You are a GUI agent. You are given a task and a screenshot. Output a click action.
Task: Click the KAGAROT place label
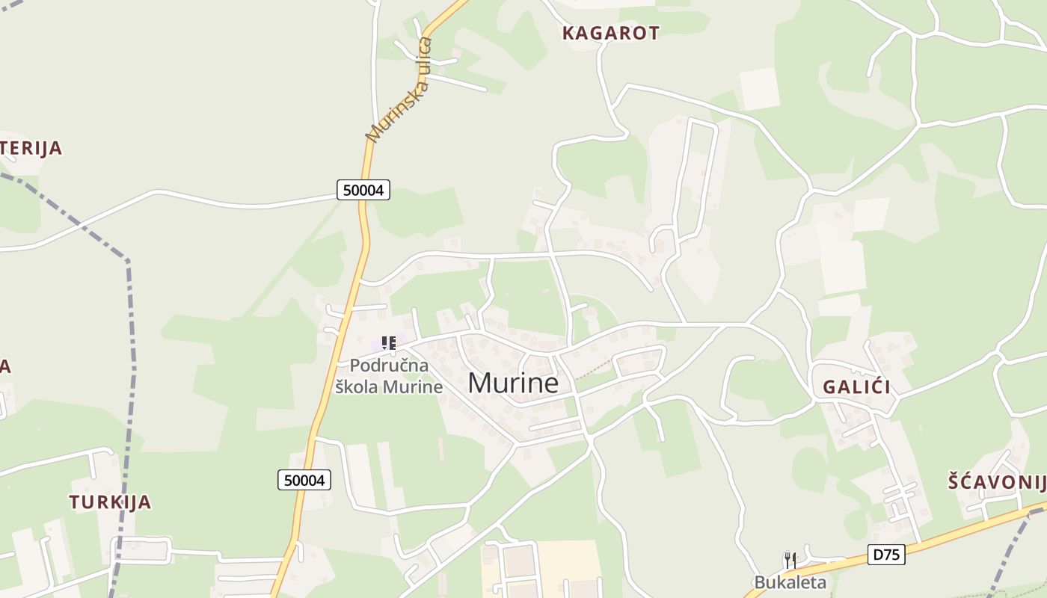[610, 33]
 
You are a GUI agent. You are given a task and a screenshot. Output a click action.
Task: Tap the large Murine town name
[513, 383]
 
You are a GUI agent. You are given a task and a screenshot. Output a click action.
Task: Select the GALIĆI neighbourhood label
[856, 387]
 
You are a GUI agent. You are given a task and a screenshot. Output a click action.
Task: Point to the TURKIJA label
[111, 502]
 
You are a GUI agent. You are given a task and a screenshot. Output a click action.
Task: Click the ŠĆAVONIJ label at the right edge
[996, 482]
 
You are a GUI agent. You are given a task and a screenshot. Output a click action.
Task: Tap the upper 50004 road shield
[363, 190]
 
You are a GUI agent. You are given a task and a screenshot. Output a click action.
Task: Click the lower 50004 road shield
[304, 480]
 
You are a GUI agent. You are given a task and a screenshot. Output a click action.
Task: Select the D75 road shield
[887, 555]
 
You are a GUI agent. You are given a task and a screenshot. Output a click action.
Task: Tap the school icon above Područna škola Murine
[388, 343]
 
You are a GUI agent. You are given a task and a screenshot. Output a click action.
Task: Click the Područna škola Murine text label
[389, 376]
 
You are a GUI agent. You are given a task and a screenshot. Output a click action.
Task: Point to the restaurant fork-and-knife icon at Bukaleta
[790, 560]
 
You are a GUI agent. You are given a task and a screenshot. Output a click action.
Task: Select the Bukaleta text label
[790, 582]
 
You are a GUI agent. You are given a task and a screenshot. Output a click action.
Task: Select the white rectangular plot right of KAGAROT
[760, 88]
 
